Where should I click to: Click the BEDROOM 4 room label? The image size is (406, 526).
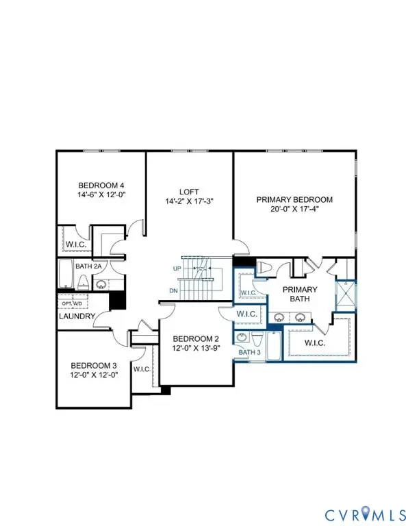pyautogui.click(x=101, y=186)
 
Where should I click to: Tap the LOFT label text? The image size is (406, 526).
pyautogui.click(x=188, y=192)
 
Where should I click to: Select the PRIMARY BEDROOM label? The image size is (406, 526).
pyautogui.click(x=294, y=200)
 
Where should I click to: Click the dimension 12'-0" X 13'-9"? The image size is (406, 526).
pyautogui.click(x=195, y=348)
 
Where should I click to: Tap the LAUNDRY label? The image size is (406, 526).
pyautogui.click(x=75, y=316)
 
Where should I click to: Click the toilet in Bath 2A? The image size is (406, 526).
pyautogui.click(x=83, y=281)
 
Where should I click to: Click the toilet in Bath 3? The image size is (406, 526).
pyautogui.click(x=257, y=338)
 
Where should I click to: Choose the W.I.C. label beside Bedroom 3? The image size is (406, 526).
pyautogui.click(x=142, y=369)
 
